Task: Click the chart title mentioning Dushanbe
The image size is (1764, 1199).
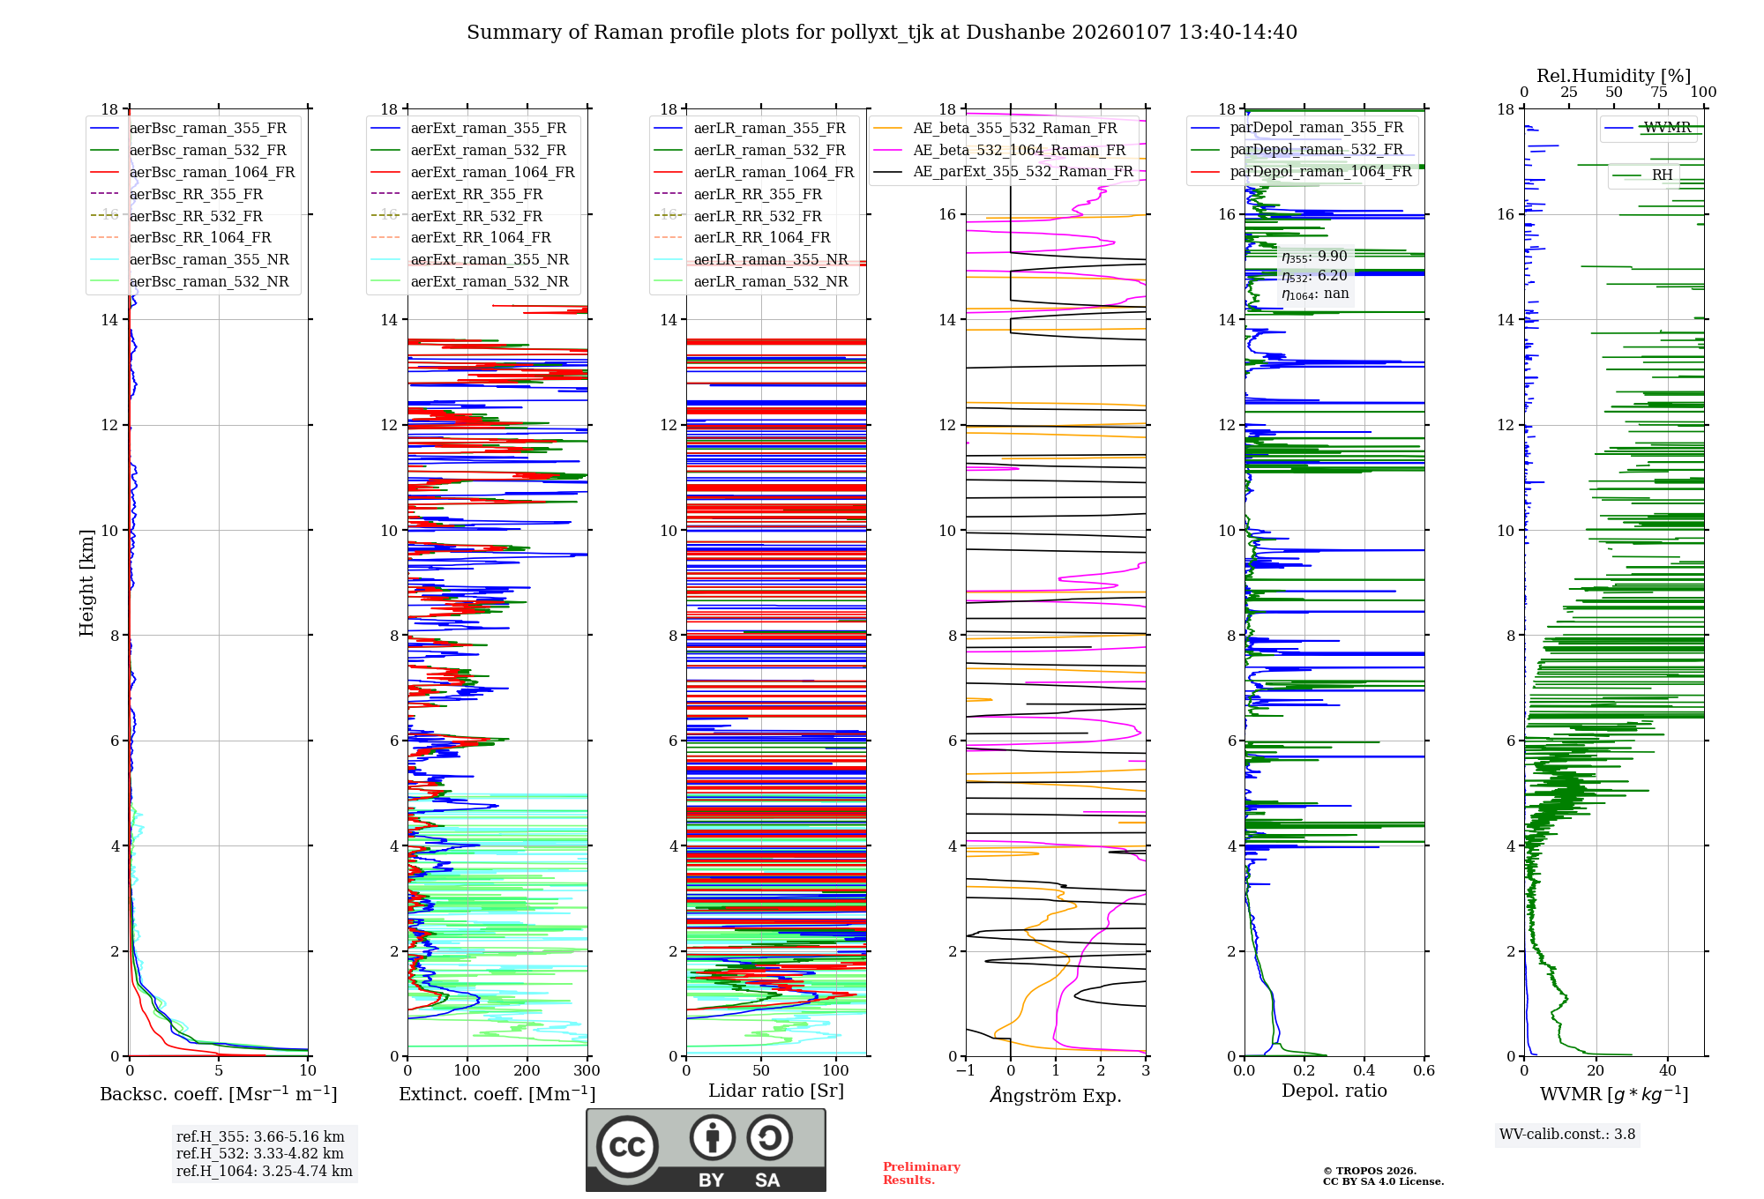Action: tap(882, 33)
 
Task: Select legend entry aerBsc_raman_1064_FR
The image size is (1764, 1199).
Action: tap(212, 172)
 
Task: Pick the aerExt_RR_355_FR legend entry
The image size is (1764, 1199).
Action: tap(476, 194)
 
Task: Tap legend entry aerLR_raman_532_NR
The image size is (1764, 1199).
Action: tap(770, 281)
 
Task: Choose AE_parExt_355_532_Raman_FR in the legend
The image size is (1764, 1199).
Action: tap(1022, 171)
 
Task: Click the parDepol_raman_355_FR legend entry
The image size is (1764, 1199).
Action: tap(1316, 127)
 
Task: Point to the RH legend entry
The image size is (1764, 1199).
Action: tap(1662, 175)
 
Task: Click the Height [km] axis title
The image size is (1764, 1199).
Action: tap(86, 582)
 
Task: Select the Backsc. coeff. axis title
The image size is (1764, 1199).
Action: tap(218, 1094)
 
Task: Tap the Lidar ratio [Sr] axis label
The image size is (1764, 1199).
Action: tap(776, 1091)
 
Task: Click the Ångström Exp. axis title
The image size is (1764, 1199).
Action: tap(1056, 1095)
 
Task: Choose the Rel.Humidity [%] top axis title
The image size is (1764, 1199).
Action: tap(1613, 76)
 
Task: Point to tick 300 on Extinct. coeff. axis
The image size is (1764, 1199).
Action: tap(587, 1071)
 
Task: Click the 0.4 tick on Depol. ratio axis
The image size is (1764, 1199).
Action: tap(1364, 1071)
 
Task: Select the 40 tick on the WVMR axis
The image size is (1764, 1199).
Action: tap(1667, 1071)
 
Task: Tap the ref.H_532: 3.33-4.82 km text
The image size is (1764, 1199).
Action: tap(259, 1153)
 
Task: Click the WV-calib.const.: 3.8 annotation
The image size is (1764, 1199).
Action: tap(1566, 1134)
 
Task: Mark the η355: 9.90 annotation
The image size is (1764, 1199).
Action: tap(1314, 257)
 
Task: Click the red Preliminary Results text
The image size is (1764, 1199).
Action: tap(921, 1173)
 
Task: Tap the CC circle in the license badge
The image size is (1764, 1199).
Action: tap(627, 1147)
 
